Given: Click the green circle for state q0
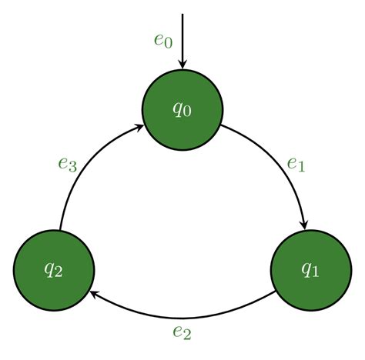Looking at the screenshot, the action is click(182, 110).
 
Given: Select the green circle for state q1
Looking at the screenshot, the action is click(311, 270).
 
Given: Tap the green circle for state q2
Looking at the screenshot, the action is click(54, 270).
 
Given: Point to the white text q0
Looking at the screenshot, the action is click(182, 109).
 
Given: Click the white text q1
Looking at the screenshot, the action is click(310, 269).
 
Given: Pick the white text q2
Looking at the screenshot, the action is click(53, 270).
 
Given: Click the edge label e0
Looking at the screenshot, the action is click(163, 41).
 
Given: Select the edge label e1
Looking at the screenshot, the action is click(296, 165).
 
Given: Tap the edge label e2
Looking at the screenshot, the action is click(182, 332).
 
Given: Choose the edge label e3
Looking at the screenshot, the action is click(68, 165).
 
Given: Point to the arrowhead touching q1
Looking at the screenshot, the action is click(304, 225).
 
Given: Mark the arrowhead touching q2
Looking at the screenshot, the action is click(93, 295).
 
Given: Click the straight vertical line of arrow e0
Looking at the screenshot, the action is click(182, 38).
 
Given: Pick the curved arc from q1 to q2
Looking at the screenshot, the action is click(182, 318).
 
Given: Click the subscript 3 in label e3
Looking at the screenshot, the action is click(73, 168).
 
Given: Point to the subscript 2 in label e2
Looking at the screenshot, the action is click(187, 335).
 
